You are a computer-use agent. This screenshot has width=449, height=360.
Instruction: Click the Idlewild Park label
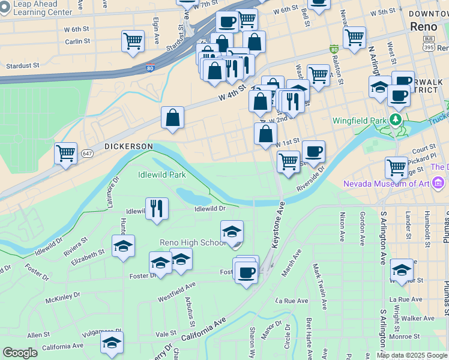pyautogui.click(x=161, y=175)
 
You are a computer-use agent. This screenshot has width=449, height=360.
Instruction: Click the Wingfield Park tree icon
pyautogui.click(x=395, y=120)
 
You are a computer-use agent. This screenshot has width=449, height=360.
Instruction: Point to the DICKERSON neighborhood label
pyautogui.click(x=128, y=146)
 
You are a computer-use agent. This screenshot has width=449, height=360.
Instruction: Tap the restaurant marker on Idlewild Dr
pyautogui.click(x=157, y=209)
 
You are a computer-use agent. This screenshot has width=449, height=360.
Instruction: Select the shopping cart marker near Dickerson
pyautogui.click(x=65, y=153)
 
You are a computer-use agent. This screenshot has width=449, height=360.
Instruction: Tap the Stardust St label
pyautogui.click(x=22, y=65)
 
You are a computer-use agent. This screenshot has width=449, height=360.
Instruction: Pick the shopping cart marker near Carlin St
pyautogui.click(x=133, y=42)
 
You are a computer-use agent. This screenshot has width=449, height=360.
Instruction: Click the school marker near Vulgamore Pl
pyautogui.click(x=112, y=343)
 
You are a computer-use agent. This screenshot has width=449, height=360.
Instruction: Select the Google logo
pyautogui.click(x=20, y=353)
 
